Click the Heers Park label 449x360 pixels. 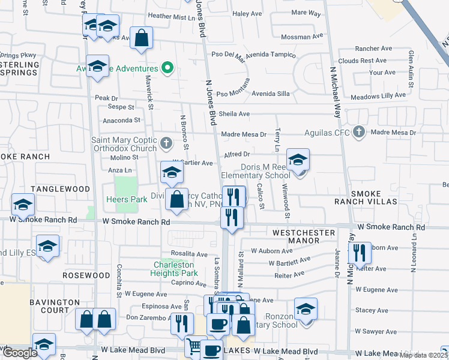[122, 199]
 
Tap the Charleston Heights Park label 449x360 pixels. [175, 269]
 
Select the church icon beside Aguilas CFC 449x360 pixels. [359, 132]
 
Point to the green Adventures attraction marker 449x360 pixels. [169, 68]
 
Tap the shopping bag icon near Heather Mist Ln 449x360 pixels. [141, 39]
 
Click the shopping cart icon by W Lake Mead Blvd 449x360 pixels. [193, 346]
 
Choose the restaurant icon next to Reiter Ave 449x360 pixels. [360, 253]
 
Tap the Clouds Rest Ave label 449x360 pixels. [362, 61]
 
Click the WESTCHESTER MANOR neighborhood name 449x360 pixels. [296, 236]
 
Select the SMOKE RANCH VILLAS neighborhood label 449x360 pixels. [374, 198]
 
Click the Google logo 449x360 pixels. [20, 353]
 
